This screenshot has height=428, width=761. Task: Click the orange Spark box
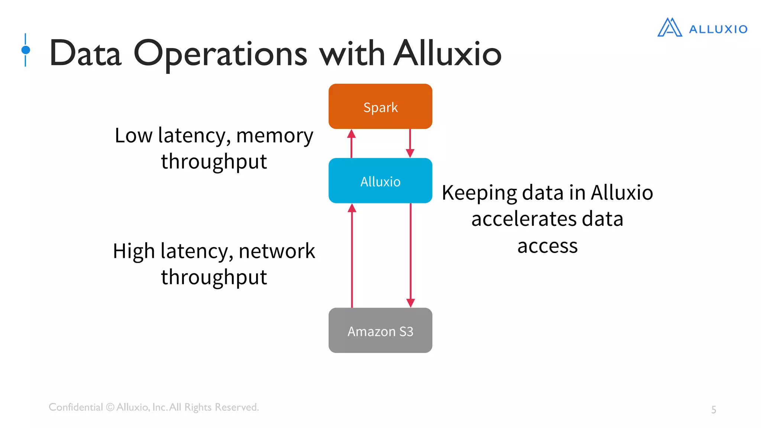[380, 106]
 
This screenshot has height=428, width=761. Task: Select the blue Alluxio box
[380, 181]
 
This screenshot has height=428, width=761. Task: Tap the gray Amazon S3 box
[380, 330]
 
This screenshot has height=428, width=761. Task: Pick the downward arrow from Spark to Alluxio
[410, 143]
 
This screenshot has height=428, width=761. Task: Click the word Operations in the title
[220, 54]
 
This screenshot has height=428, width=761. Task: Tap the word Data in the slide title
[85, 54]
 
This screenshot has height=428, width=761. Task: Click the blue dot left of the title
[26, 50]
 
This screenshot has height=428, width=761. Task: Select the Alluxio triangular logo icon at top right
[670, 27]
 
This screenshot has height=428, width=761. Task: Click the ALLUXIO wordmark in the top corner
[718, 29]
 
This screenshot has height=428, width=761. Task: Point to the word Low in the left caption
[133, 135]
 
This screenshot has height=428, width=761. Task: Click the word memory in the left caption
[275, 136]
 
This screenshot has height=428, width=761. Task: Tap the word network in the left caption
[277, 251]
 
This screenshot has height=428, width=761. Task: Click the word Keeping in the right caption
[479, 193]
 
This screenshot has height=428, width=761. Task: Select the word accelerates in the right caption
[524, 219]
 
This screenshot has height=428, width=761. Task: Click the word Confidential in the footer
[76, 407]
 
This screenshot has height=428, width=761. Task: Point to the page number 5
[713, 409]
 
